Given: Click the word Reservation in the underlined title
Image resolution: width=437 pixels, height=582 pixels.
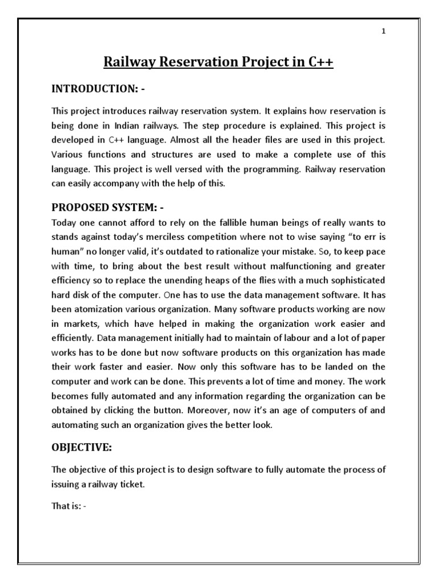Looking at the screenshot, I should (x=185, y=62).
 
